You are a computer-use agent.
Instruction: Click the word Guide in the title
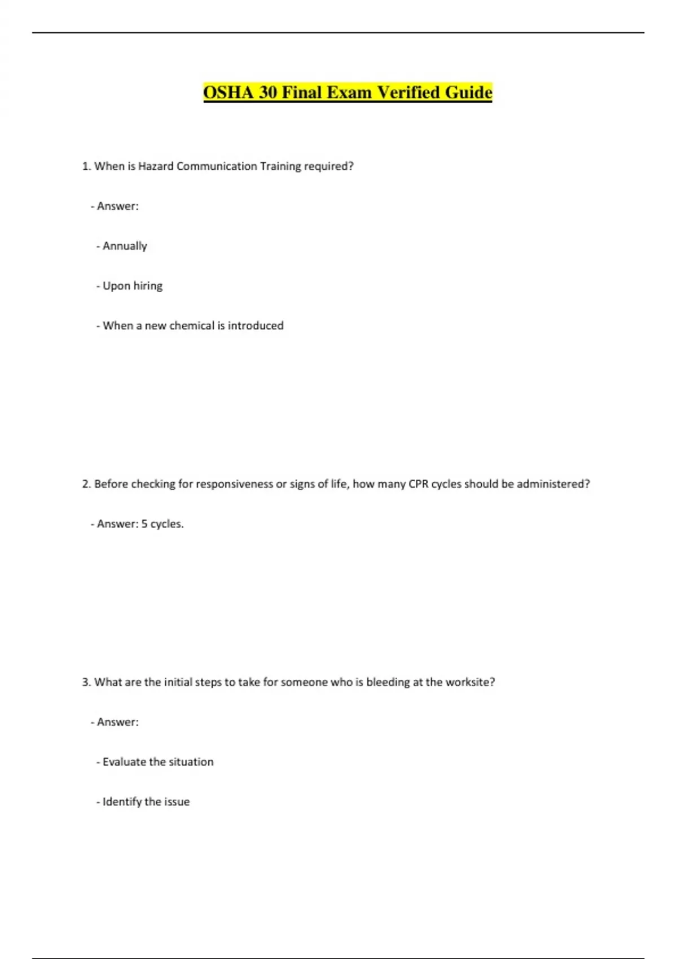(x=468, y=93)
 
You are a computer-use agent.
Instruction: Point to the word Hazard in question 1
(x=156, y=166)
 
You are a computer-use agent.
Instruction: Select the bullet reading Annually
(x=125, y=246)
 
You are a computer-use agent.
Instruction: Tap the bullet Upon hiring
(x=133, y=286)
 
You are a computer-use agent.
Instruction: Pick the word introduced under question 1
(x=256, y=325)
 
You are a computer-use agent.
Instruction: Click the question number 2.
(x=86, y=484)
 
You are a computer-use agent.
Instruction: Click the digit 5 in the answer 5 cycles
(x=144, y=524)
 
